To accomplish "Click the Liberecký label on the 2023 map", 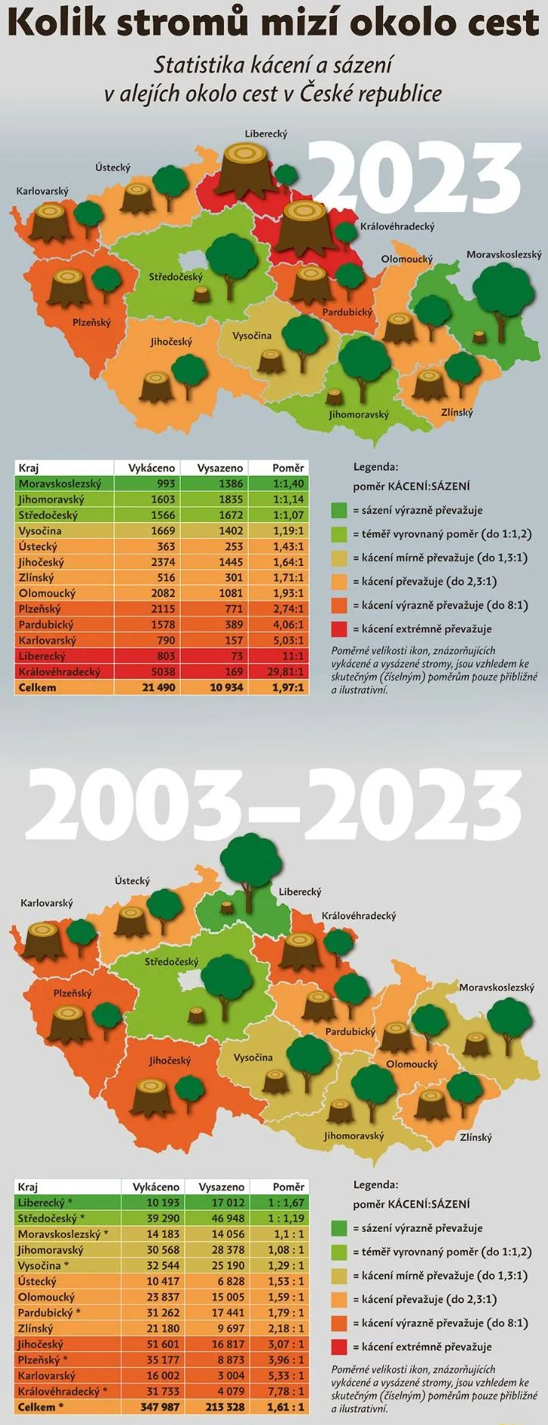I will (266, 134).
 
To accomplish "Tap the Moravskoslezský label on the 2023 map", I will (503, 255).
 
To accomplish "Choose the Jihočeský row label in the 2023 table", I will (42, 562).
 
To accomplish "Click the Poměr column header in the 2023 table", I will (288, 468).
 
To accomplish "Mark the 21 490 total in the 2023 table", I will (155, 688).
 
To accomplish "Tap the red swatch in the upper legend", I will (339, 629).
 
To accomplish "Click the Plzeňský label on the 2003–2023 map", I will (73, 992).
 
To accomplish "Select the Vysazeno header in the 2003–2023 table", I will (221, 1187).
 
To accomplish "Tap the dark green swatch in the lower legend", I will (339, 1228).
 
